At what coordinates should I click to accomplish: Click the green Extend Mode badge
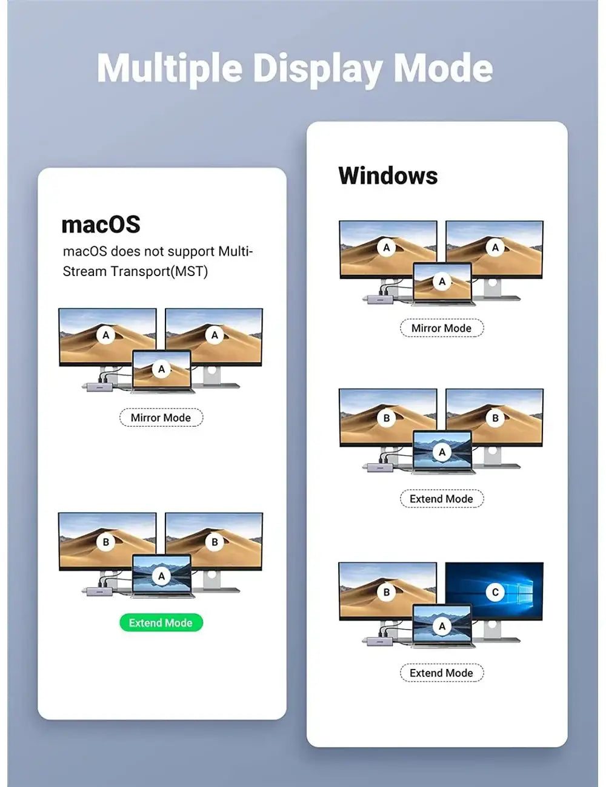[x=161, y=622]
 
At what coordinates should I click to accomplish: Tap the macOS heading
[x=101, y=224]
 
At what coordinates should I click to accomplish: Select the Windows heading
[x=388, y=176]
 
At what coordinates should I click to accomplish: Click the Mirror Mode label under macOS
[x=161, y=418]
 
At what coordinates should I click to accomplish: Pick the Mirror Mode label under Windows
[x=441, y=328]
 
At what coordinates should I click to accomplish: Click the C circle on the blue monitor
[x=495, y=592]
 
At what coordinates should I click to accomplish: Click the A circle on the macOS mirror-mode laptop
[x=162, y=369]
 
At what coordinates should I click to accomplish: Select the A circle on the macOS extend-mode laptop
[x=162, y=576]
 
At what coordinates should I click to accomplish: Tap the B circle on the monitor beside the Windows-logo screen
[x=387, y=592]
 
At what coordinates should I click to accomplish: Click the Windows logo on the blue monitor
[x=521, y=590]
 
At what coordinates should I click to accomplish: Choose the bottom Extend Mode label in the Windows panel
[x=441, y=673]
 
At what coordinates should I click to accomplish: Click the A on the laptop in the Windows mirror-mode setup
[x=442, y=282]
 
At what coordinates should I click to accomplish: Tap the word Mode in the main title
[x=443, y=68]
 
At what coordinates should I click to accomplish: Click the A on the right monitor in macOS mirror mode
[x=215, y=335]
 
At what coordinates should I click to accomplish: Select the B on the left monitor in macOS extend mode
[x=106, y=542]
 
